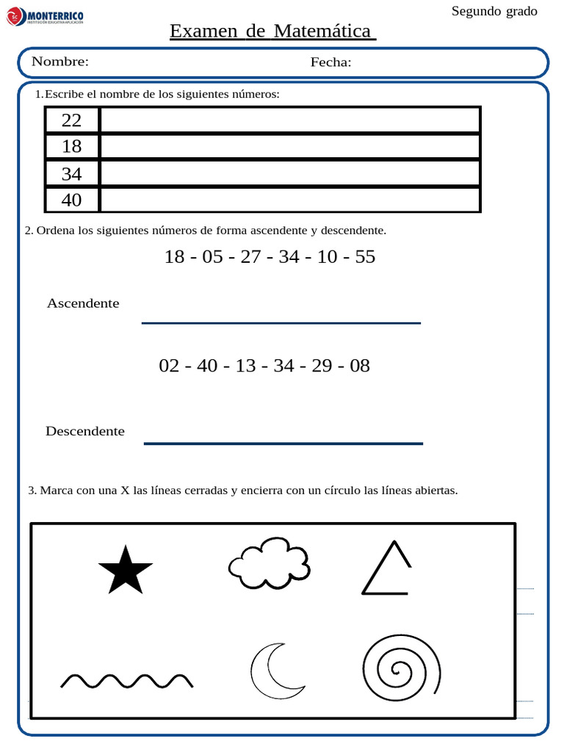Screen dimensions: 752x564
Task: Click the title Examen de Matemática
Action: (x=272, y=32)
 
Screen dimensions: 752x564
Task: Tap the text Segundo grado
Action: (x=493, y=11)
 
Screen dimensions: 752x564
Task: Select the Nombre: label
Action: (x=60, y=62)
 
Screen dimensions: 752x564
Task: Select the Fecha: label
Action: (x=330, y=62)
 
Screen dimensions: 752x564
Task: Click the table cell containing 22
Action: (x=72, y=120)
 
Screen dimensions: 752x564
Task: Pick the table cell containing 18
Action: (x=72, y=147)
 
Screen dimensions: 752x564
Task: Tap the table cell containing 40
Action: (x=72, y=200)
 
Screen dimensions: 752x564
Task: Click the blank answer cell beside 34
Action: (x=289, y=173)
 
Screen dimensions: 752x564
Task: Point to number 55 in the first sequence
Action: (x=364, y=257)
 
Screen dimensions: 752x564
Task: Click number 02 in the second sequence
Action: (x=169, y=366)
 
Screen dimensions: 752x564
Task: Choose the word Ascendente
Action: (x=83, y=303)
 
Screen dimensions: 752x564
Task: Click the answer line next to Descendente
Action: (x=283, y=442)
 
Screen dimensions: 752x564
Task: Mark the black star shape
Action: (x=125, y=571)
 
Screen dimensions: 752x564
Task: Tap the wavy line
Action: (x=126, y=680)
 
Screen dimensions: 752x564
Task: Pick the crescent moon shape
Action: (x=273, y=671)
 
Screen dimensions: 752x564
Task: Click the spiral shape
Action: (x=401, y=669)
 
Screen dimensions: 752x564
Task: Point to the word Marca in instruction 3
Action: (x=55, y=491)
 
